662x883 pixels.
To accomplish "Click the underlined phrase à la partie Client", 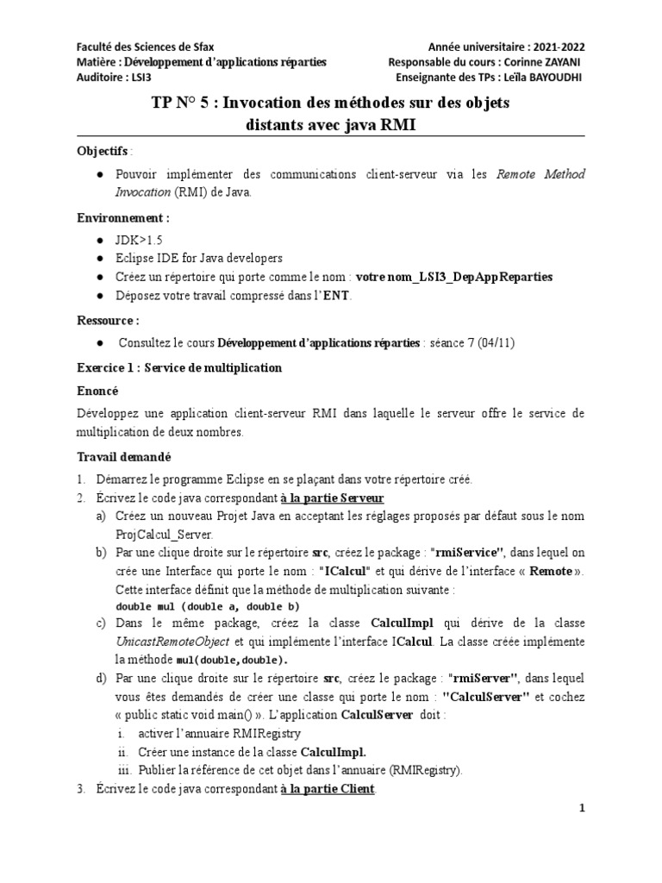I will point(328,790).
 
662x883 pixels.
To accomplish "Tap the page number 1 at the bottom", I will point(583,808).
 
